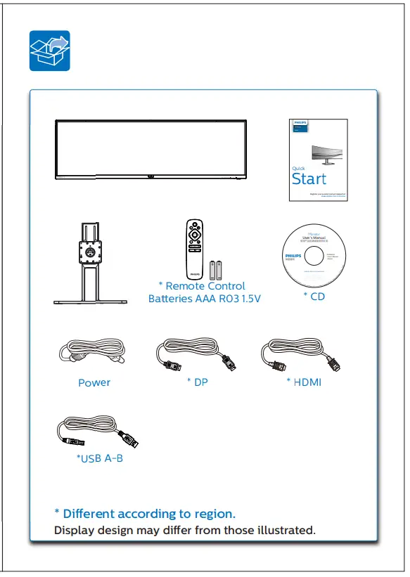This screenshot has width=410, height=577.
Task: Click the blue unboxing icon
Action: pyautogui.click(x=49, y=51)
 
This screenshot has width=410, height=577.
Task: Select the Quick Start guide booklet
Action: pyautogui.click(x=319, y=160)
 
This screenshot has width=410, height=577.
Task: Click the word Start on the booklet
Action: pyautogui.click(x=309, y=179)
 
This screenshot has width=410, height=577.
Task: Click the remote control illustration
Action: pyautogui.click(x=194, y=249)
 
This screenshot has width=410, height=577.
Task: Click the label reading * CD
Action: pyautogui.click(x=314, y=297)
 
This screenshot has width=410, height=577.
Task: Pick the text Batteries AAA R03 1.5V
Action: pyautogui.click(x=204, y=299)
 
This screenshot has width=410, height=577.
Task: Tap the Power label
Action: pyautogui.click(x=94, y=383)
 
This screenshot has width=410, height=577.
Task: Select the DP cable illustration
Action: pyautogui.click(x=195, y=355)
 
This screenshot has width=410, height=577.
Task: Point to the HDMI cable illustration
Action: pyautogui.click(x=301, y=355)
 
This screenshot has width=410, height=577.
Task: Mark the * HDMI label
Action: pyautogui.click(x=304, y=382)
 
